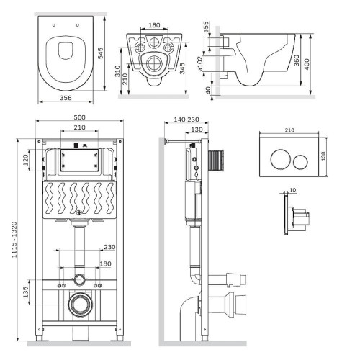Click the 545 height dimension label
[101, 53]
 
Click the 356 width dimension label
[66, 98]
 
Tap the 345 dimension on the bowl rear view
[182, 68]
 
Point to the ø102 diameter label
[200, 63]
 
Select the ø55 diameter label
[206, 27]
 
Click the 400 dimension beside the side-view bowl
[307, 64]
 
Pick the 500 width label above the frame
[79, 117]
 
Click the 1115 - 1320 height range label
[14, 240]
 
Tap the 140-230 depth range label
[186, 120]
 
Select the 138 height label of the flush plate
[323, 156]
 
